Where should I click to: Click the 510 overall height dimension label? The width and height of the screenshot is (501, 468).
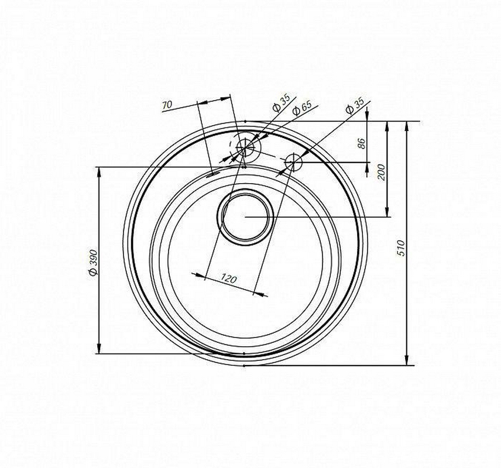tap(401, 248)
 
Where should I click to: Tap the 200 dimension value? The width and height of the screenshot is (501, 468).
tap(382, 172)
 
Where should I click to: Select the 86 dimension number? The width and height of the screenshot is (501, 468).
tap(361, 143)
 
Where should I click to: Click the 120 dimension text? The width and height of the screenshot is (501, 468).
tap(229, 279)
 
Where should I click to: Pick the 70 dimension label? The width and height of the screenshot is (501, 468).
tap(167, 105)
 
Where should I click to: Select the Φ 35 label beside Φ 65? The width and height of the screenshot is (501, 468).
tap(281, 102)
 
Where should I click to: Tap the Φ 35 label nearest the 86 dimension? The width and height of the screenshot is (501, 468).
tap(355, 106)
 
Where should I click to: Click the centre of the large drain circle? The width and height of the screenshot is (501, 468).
tap(245, 216)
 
